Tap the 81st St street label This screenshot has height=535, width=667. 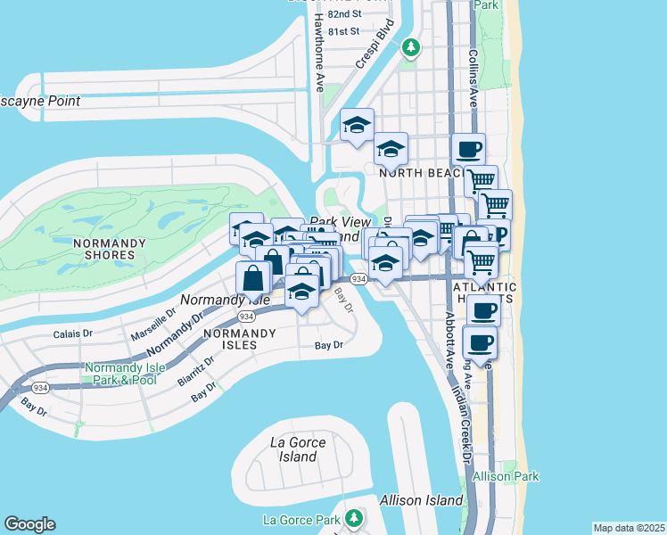pyautogui.click(x=343, y=30)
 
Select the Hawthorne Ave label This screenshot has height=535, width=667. pyautogui.click(x=318, y=53)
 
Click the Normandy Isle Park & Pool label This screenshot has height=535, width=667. pyautogui.click(x=120, y=374)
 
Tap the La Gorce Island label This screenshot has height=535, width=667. pyautogui.click(x=297, y=449)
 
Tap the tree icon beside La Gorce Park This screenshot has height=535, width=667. pyautogui.click(x=354, y=518)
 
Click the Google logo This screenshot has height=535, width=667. pyautogui.click(x=29, y=524)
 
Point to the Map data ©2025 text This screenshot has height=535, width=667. pyautogui.click(x=629, y=528)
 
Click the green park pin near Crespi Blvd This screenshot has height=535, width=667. pyautogui.click(x=410, y=46)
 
